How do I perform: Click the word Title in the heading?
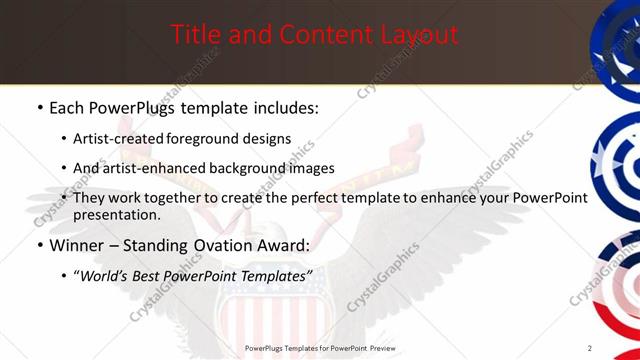[195, 36]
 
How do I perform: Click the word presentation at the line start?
[116, 215]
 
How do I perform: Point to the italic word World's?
[111, 275]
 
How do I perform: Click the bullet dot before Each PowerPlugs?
[39, 107]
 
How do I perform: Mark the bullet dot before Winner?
[39, 245]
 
